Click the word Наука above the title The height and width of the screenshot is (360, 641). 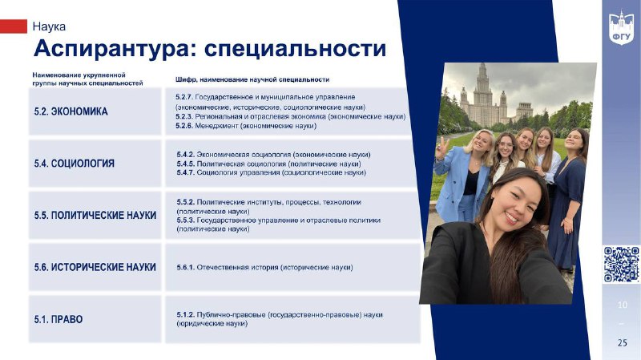tap(49, 26)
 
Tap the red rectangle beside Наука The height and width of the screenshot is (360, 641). tap(13, 26)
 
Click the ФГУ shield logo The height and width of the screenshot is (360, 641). tap(621, 27)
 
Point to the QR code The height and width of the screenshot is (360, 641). tap(622, 265)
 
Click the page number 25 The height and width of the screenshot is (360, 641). tap(623, 342)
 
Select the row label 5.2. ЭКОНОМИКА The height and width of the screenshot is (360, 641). tap(71, 111)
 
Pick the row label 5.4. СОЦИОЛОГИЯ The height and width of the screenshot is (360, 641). tap(75, 164)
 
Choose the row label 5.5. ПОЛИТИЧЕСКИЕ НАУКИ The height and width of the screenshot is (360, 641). tap(95, 215)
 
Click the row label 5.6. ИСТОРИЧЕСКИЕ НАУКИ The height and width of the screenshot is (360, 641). tap(95, 267)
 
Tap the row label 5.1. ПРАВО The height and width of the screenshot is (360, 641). tap(58, 319)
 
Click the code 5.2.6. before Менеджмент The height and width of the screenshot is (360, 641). tap(184, 126)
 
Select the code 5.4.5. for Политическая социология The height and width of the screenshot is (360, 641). tap(186, 164)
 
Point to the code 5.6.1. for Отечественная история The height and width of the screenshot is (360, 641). tap(186, 268)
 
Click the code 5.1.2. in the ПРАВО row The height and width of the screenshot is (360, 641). tap(186, 315)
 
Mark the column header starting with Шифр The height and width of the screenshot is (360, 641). tap(252, 79)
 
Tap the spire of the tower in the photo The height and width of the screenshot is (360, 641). tap(483, 71)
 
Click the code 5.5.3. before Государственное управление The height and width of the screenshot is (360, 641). tap(186, 220)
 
